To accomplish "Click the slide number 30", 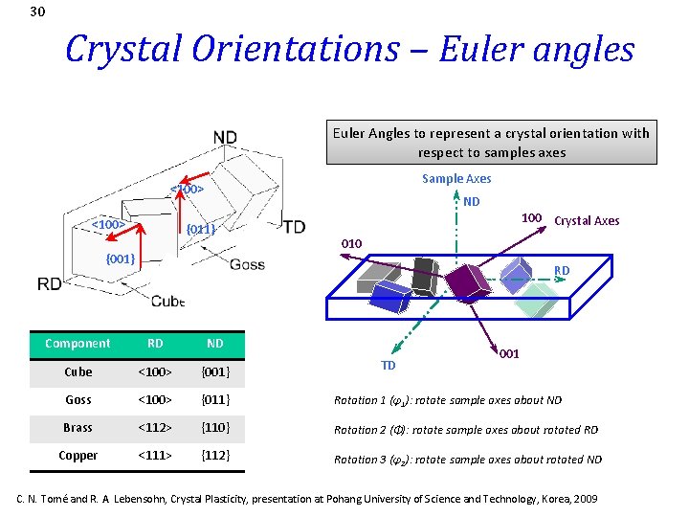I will tap(37, 12).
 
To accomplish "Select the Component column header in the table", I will tap(78, 344).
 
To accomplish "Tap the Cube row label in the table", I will tap(78, 371).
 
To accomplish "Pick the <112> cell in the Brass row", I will tap(154, 427).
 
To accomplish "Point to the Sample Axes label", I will tap(456, 179).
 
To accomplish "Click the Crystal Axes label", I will tap(587, 221).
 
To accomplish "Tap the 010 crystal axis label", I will tap(351, 244).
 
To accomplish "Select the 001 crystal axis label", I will tap(509, 354).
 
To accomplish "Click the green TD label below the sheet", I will tap(389, 365).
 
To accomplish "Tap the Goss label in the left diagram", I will tap(247, 265).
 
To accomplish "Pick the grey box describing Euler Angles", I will tap(490, 143).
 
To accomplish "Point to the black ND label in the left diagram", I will tap(225, 138).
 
